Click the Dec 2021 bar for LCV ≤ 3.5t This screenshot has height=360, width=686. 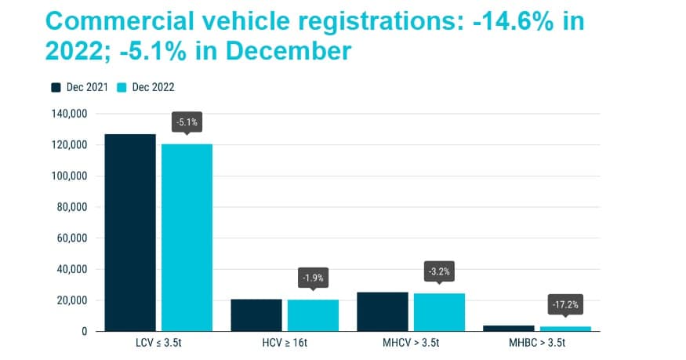tap(130, 233)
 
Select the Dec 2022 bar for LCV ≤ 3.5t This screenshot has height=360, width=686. tap(187, 237)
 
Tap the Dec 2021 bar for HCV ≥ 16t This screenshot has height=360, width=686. tap(256, 315)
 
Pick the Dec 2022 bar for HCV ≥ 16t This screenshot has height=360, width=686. tap(313, 315)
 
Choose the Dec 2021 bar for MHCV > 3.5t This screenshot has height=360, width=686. tap(383, 311)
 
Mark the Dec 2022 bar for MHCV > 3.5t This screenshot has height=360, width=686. tap(439, 312)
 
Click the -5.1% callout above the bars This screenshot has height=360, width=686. tap(187, 122)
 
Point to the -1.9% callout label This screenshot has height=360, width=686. tap(313, 278)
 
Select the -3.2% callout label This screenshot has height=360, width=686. tap(439, 271)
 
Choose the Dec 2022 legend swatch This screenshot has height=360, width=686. tap(122, 87)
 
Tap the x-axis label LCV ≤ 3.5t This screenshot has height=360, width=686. tap(158, 344)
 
